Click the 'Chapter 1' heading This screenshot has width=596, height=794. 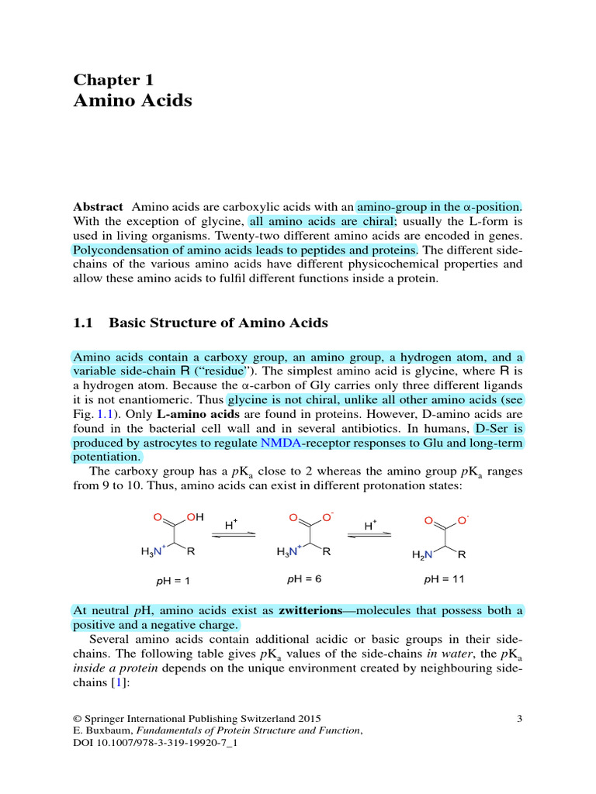pos(113,79)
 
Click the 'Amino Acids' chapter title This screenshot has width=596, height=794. pos(132,101)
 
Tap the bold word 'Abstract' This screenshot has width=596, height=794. pos(98,207)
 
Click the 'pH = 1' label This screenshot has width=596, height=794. pos(172,579)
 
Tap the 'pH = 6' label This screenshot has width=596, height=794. pos(306,578)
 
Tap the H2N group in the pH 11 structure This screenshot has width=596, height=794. pos(422,554)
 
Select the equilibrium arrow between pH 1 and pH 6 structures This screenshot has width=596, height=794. pos(234,534)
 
